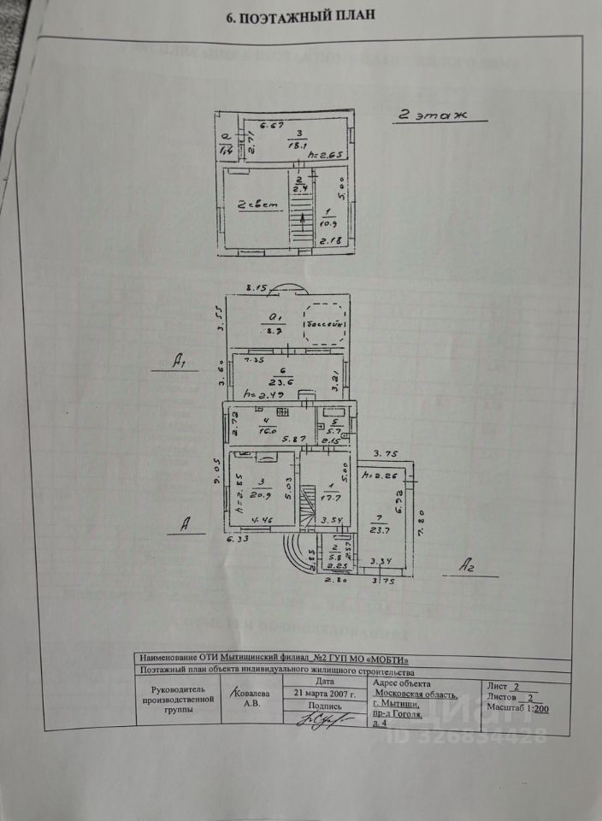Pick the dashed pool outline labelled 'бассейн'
pyautogui.click(x=325, y=324)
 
